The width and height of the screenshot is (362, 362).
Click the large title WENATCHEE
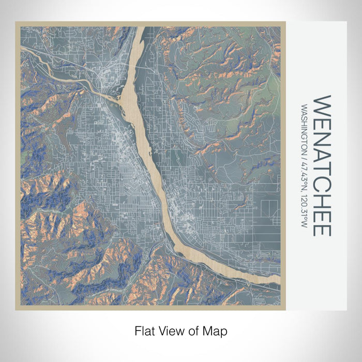(x=322, y=165)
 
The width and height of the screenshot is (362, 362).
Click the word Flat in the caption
(x=145, y=330)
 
